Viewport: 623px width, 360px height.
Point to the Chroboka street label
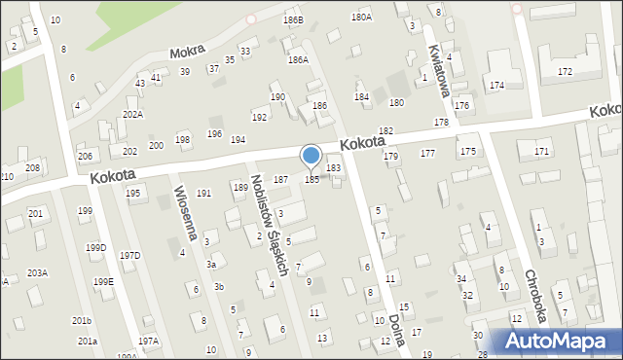point(537,294)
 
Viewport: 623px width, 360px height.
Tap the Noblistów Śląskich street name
point(267,226)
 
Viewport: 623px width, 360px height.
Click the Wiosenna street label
point(187,215)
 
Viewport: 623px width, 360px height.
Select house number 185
point(311,180)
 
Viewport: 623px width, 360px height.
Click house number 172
point(565,72)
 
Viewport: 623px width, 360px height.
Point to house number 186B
point(293,19)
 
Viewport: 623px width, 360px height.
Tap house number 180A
point(361,17)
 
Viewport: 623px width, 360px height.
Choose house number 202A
point(132,114)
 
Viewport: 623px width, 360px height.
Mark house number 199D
point(95,247)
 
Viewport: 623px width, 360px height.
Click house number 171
point(541,152)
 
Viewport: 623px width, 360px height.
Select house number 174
point(496,86)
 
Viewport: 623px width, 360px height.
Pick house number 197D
point(129,255)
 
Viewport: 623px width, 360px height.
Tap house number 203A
point(37,272)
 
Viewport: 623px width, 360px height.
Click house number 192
point(259,117)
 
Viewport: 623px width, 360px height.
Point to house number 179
point(390,156)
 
